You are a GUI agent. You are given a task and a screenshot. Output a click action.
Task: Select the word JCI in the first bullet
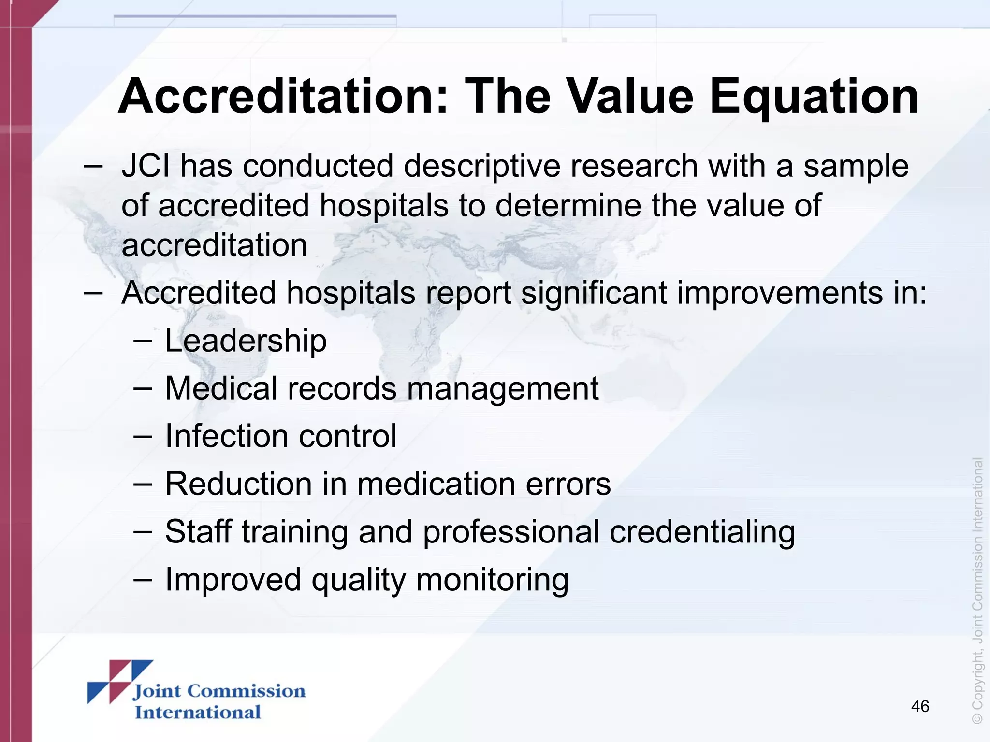click(x=146, y=166)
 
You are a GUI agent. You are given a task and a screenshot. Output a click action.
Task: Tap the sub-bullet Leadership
click(x=246, y=341)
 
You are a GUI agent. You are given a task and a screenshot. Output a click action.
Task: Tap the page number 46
click(x=920, y=706)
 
